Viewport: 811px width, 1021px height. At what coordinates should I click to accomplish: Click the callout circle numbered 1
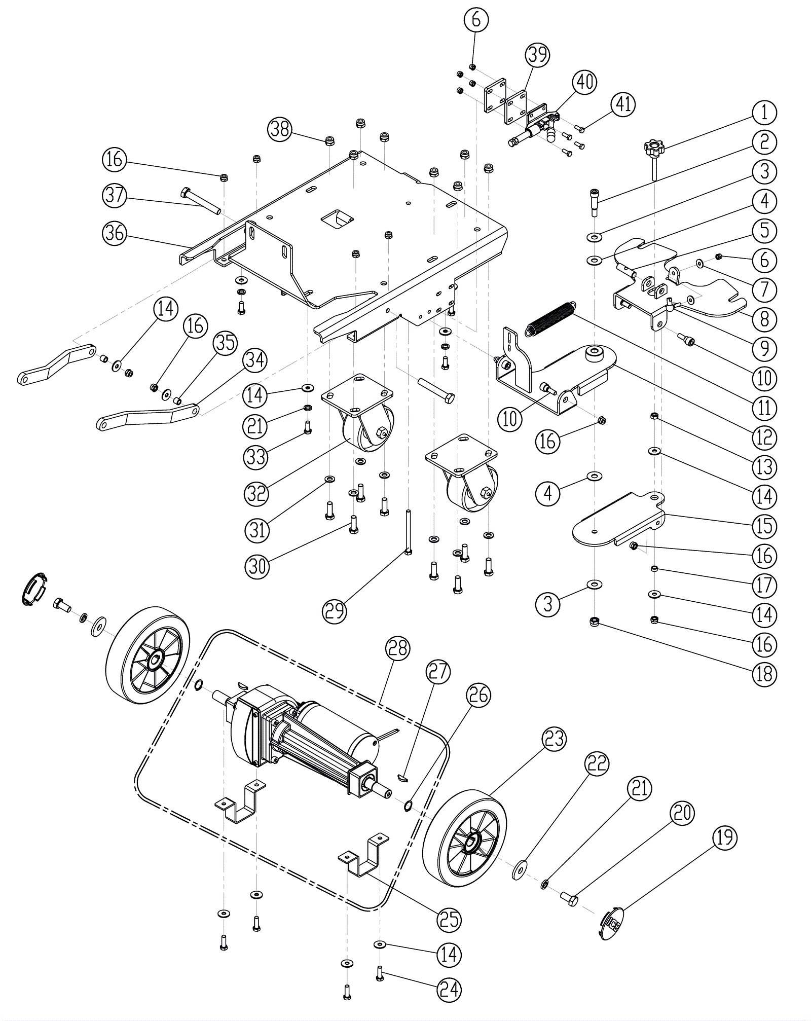(764, 113)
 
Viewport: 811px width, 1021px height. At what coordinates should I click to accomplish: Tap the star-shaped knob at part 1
(653, 149)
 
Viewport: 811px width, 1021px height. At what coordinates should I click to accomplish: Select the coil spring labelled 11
(550, 318)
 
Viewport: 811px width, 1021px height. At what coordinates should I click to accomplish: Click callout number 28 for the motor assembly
(397, 648)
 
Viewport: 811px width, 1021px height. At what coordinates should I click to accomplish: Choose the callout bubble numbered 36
(115, 233)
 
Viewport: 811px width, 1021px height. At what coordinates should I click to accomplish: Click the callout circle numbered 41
(623, 104)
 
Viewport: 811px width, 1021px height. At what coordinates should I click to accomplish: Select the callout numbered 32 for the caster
(256, 492)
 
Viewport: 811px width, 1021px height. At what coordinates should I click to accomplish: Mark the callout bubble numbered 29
(335, 610)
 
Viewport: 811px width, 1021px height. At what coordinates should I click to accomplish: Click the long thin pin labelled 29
(408, 532)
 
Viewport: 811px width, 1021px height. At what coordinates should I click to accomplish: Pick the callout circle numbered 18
(764, 674)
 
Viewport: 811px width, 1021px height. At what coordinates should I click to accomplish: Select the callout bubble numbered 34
(254, 360)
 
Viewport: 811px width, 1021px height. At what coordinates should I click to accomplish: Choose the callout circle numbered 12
(764, 437)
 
